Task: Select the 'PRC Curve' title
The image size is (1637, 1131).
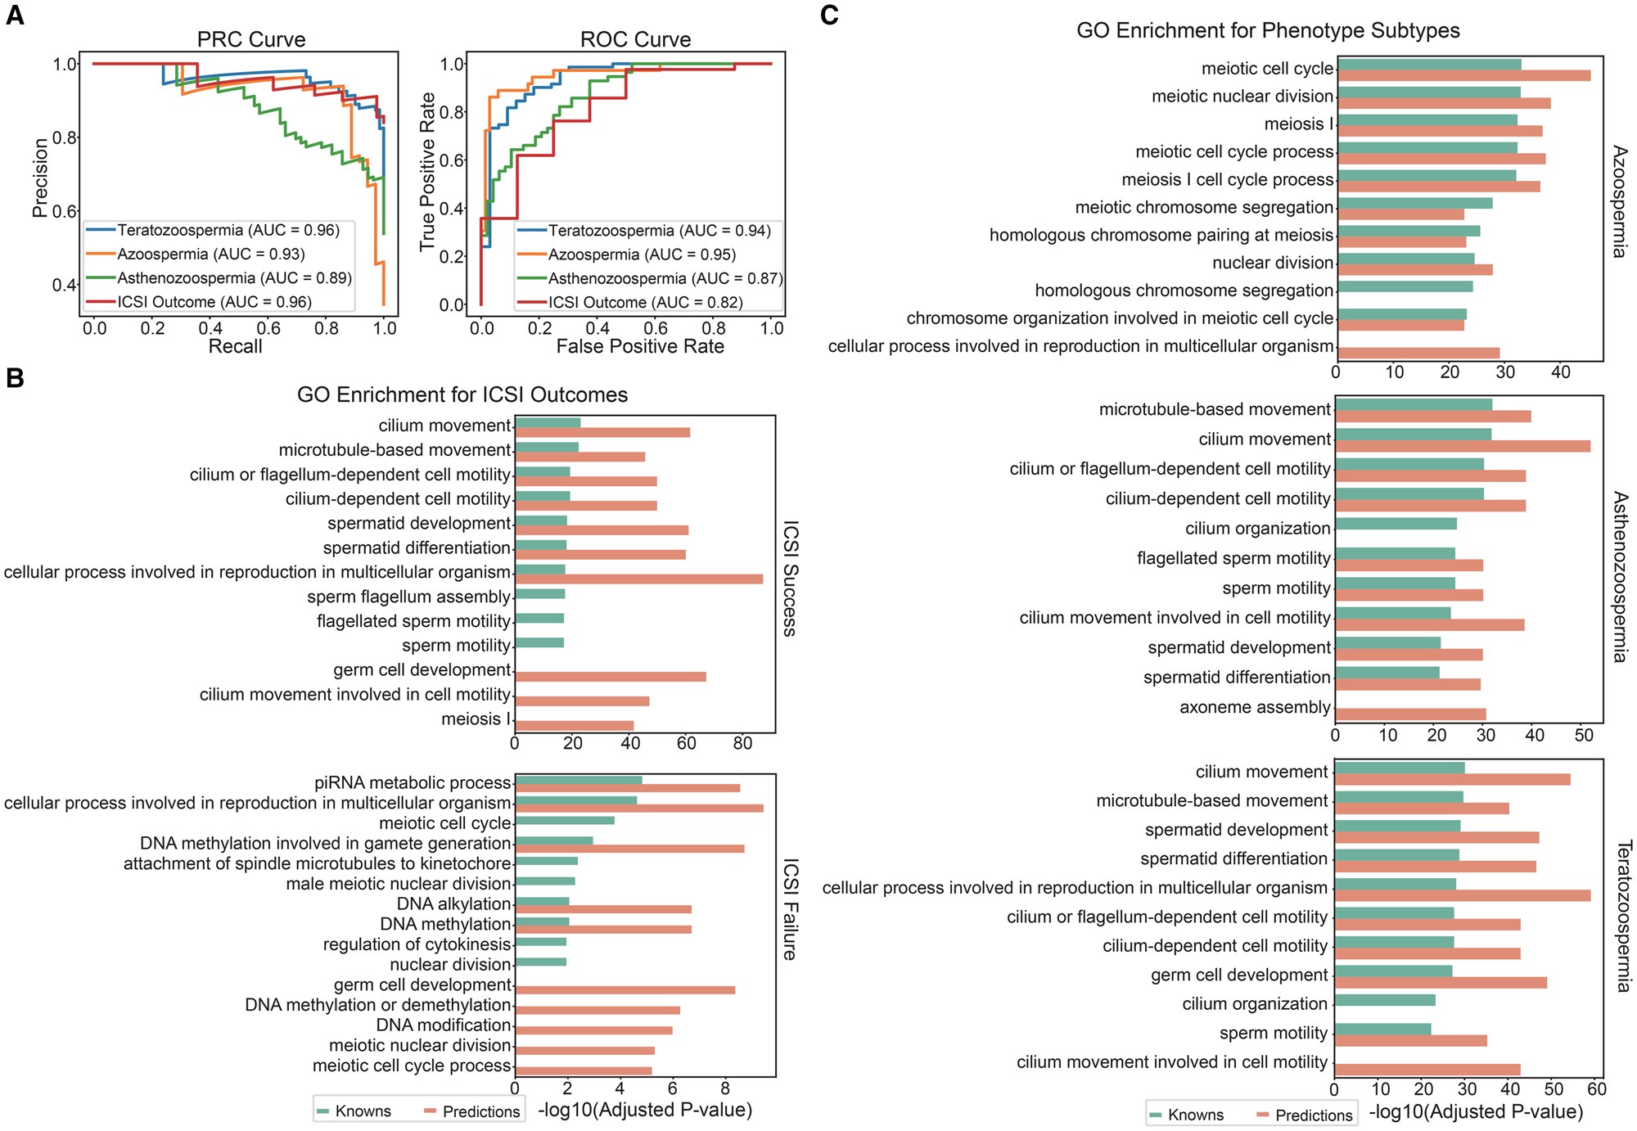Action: (251, 39)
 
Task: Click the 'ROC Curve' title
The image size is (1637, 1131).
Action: (635, 39)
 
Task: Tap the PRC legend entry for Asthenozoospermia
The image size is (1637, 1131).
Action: (234, 278)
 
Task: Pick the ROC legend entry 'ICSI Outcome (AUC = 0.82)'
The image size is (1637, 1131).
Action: (645, 303)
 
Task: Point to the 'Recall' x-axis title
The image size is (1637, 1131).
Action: (235, 347)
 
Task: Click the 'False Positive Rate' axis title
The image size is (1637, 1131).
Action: (640, 347)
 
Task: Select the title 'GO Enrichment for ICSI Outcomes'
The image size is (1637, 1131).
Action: (462, 395)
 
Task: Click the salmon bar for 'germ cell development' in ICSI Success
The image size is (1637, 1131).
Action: (611, 677)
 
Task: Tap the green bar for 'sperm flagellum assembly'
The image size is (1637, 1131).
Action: (540, 594)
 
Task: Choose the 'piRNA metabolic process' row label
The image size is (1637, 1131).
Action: (413, 783)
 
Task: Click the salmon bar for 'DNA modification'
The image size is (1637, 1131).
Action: (594, 1030)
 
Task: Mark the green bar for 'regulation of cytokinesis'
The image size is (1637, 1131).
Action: (541, 942)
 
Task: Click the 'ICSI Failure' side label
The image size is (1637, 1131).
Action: (790, 909)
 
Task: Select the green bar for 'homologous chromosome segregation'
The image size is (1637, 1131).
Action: (1405, 287)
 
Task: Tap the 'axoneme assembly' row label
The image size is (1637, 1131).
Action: (1256, 707)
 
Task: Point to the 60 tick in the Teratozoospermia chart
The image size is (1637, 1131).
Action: (1596, 1090)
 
